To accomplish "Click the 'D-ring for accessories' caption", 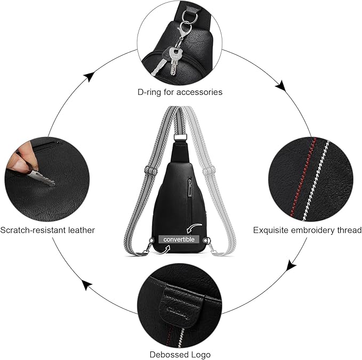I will pos(180,92).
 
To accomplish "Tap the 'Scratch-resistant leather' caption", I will pos(47,230).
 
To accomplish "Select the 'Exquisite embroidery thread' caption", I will pos(307,230).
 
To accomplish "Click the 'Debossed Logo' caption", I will pos(180,354).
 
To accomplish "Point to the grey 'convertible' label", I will pos(180,239).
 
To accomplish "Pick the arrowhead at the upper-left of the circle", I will pos(90,77).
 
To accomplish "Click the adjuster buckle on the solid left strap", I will pos(149,171).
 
